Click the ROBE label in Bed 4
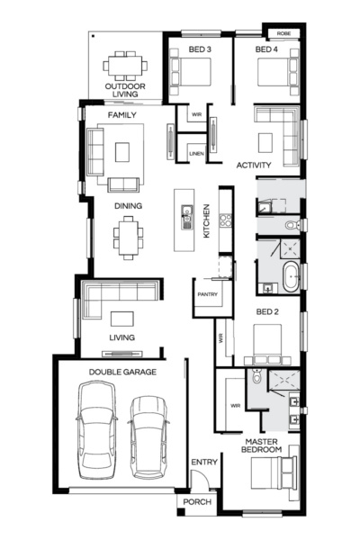[x=283, y=32]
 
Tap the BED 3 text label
[x=199, y=49]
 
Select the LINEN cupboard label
[x=195, y=154]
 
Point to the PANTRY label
[x=208, y=294]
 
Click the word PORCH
[x=196, y=502]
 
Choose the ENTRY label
[x=203, y=462]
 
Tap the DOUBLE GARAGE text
[x=122, y=371]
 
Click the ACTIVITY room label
[x=254, y=166]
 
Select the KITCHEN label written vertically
[x=205, y=220]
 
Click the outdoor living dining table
[x=122, y=66]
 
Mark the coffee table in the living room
[x=122, y=317]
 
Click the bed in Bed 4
[x=277, y=70]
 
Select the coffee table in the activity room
[x=266, y=141]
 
